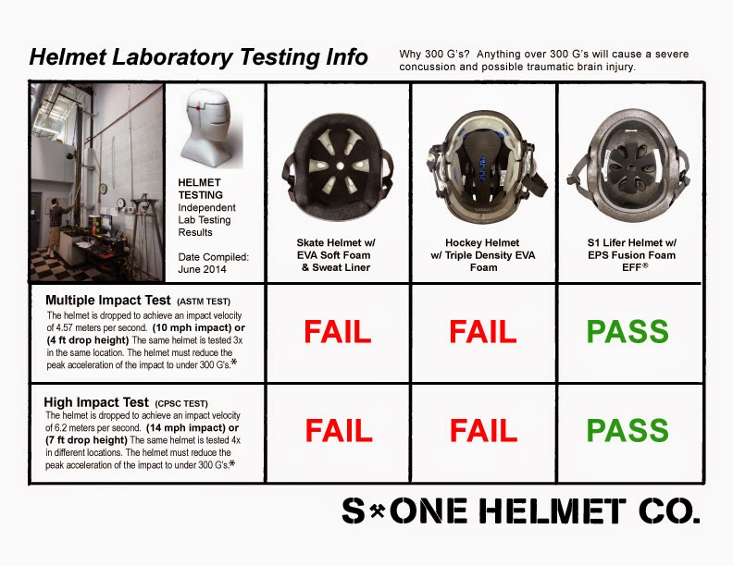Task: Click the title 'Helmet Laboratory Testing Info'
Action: [x=198, y=57]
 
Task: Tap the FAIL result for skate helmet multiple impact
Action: [x=339, y=330]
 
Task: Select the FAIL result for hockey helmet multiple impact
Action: [x=483, y=330]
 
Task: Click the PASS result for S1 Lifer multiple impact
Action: [x=628, y=330]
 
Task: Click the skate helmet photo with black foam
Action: [x=338, y=156]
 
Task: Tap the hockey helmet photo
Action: [x=483, y=156]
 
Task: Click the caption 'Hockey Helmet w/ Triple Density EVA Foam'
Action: [x=483, y=254]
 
